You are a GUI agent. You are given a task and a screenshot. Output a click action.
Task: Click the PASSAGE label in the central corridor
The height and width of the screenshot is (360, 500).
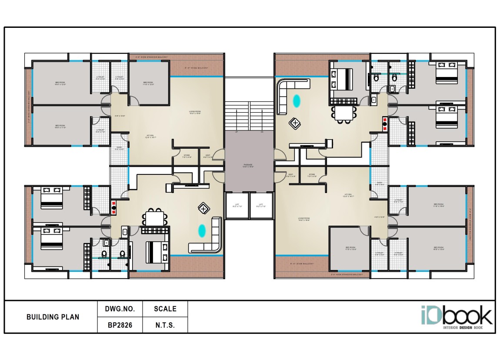click(249, 165)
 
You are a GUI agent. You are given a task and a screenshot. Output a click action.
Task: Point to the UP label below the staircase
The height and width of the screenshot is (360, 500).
click(237, 132)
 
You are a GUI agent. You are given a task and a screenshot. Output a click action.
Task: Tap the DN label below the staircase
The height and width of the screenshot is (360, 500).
click(262, 132)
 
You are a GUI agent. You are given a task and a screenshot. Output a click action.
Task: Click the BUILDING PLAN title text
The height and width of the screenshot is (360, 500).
click(53, 317)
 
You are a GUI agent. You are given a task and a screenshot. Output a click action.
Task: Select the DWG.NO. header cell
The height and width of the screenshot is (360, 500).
click(120, 309)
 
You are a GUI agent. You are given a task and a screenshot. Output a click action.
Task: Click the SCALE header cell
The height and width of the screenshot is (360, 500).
click(165, 309)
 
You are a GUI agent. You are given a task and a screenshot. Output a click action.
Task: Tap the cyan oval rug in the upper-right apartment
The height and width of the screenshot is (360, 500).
click(297, 101)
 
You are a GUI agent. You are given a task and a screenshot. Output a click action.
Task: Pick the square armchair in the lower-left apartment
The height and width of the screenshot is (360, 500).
click(203, 208)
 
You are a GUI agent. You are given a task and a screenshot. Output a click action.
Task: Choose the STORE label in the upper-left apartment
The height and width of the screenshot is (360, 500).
click(187, 156)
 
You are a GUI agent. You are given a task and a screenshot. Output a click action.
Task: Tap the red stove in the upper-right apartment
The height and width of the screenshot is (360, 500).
click(384, 124)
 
